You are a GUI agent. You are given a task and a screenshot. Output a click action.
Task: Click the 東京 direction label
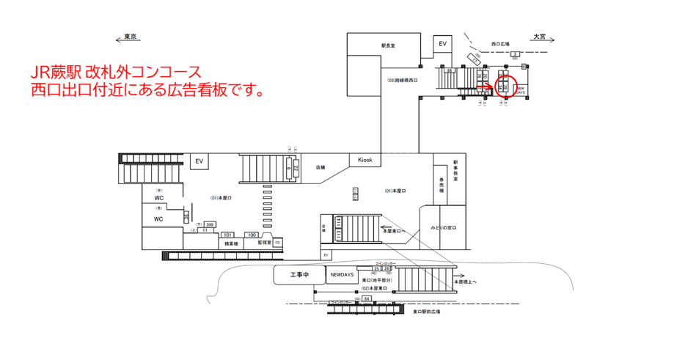pos(131,37)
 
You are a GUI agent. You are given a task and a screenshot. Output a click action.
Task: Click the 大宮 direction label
pos(541,37)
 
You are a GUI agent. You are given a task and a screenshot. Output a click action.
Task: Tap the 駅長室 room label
pos(388,45)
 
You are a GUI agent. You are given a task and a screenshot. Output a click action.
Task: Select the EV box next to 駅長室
pos(442,45)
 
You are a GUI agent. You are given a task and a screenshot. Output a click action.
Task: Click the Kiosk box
pos(365,160)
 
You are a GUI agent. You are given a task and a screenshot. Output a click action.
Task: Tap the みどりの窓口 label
pos(444,228)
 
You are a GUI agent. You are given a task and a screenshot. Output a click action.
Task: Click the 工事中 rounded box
pos(299,275)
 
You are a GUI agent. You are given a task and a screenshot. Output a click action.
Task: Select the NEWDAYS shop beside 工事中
pos(341,275)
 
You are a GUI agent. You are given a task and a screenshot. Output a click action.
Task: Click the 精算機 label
pos(231,243)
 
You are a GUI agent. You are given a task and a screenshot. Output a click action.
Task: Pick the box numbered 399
pos(210,224)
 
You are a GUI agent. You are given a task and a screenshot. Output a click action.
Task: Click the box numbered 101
pos(227,235)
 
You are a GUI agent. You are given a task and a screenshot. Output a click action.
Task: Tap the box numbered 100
pos(252,235)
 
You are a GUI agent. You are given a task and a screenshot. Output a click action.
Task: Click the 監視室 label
pos(265,243)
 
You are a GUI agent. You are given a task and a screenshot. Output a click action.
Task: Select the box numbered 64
pos(366,299)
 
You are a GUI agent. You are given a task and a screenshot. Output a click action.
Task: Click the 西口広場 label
pos(501,44)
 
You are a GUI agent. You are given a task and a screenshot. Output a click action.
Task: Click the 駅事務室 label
pos(455,170)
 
